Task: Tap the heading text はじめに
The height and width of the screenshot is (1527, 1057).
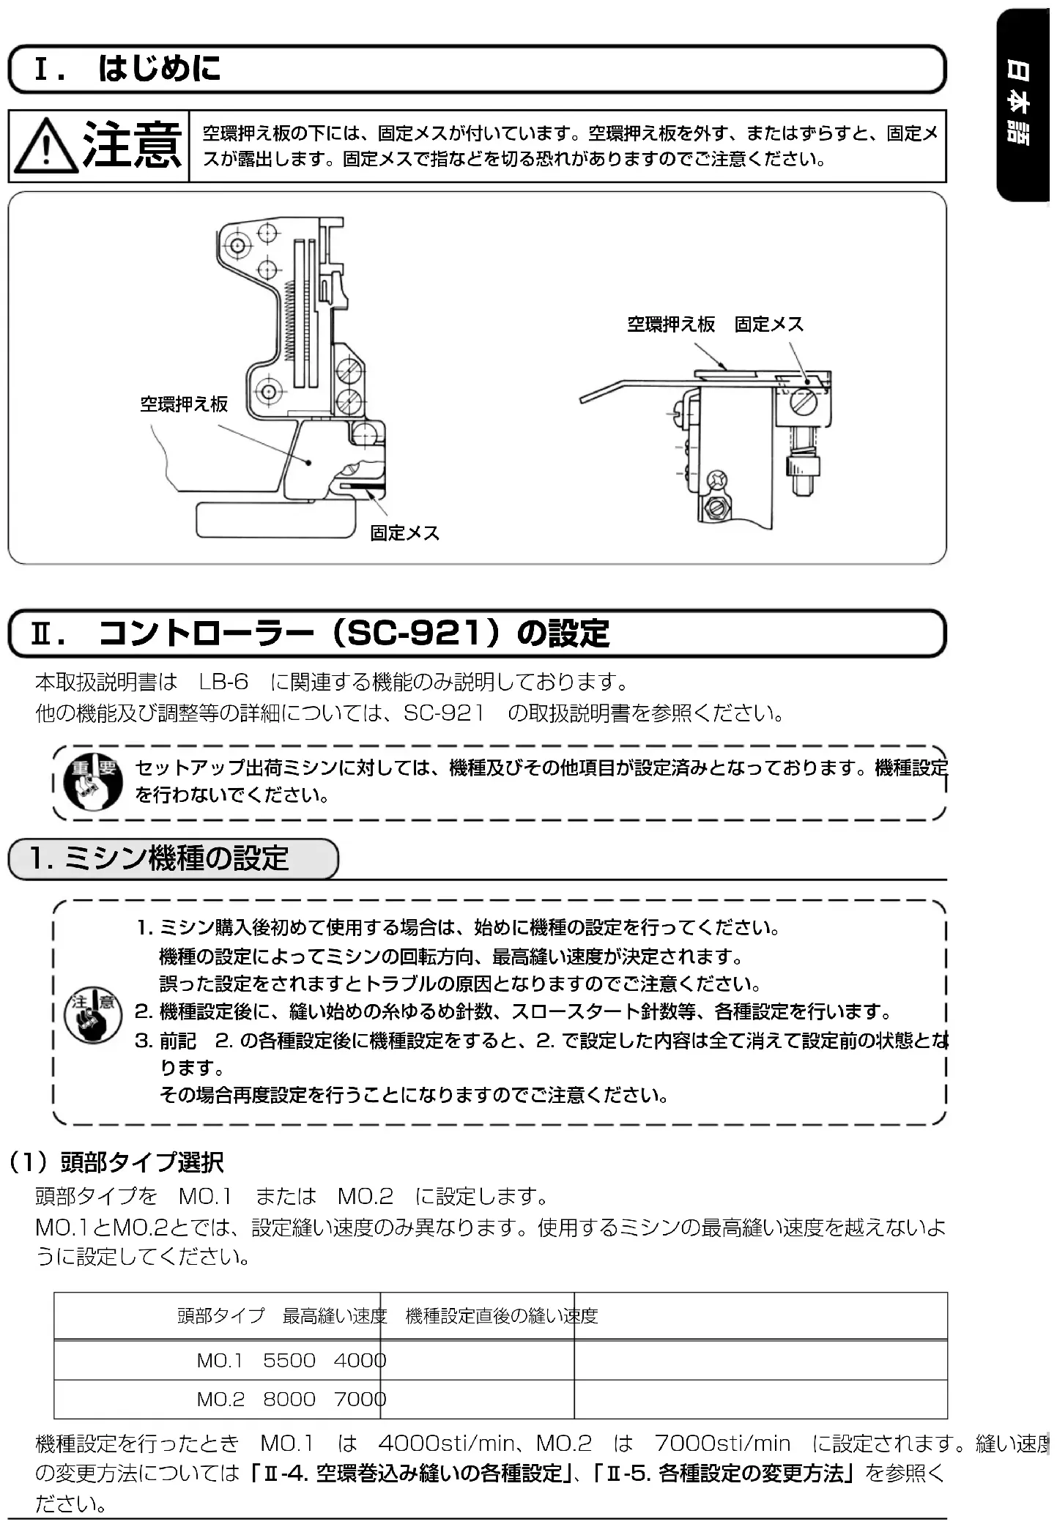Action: pos(159,70)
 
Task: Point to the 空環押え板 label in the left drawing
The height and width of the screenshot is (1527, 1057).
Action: pos(184,404)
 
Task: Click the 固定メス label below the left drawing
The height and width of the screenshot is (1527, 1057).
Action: pos(404,533)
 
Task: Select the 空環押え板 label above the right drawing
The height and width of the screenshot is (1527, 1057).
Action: pos(670,324)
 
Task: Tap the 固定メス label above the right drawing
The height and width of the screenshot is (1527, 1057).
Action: pos(768,324)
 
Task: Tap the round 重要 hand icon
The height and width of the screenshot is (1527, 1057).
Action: pos(92,783)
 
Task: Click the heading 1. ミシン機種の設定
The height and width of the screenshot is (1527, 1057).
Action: pos(159,858)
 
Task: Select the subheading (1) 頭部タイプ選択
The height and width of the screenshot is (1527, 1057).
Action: pos(116,1162)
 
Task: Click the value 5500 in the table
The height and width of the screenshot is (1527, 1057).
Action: pos(289,1361)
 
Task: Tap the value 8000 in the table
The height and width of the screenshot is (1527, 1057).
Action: pos(289,1400)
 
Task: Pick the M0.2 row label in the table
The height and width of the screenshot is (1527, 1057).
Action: pos(220,1400)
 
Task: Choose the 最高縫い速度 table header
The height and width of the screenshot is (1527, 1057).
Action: pos(334,1316)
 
